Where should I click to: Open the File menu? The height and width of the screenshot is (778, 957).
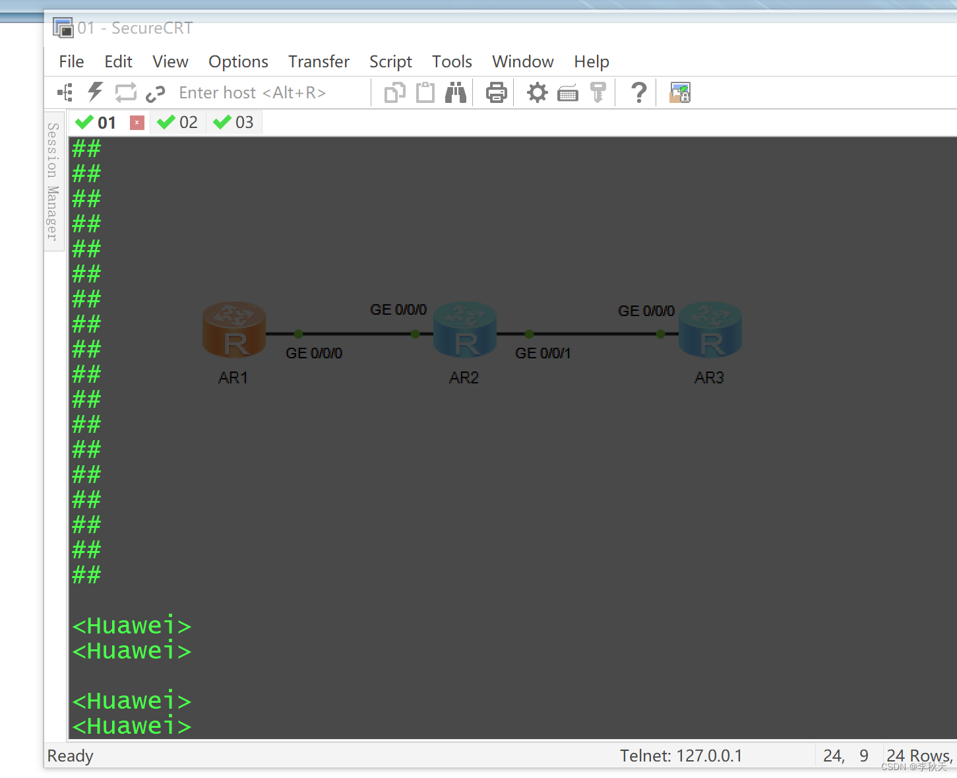click(x=71, y=62)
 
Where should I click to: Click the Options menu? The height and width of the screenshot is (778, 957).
click(x=238, y=62)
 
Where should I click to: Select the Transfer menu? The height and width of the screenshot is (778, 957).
click(x=319, y=62)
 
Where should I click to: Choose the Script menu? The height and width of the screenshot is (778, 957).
click(x=390, y=62)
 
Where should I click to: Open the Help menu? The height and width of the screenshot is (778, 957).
click(x=591, y=62)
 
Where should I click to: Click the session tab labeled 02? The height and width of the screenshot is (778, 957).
click(x=178, y=123)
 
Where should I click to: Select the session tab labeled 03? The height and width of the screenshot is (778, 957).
click(x=234, y=123)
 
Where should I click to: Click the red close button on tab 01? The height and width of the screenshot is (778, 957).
click(x=137, y=123)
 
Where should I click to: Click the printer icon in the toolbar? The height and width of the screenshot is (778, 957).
click(x=496, y=93)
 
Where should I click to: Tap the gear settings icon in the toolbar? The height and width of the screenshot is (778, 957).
click(x=537, y=93)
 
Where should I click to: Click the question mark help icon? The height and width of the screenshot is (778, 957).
click(x=638, y=93)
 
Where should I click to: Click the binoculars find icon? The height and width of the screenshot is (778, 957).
click(x=455, y=93)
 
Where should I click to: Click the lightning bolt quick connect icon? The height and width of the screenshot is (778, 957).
click(x=96, y=92)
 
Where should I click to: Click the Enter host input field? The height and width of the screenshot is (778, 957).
click(x=264, y=93)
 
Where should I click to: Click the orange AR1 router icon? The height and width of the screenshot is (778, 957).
click(x=234, y=330)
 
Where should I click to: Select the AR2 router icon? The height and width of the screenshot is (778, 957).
click(x=465, y=330)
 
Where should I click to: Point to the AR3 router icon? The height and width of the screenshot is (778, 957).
click(x=710, y=330)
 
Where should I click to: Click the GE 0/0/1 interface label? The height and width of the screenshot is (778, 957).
click(x=543, y=354)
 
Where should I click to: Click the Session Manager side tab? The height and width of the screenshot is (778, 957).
click(x=53, y=181)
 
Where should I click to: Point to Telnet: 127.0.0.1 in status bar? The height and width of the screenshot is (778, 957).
click(x=681, y=756)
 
